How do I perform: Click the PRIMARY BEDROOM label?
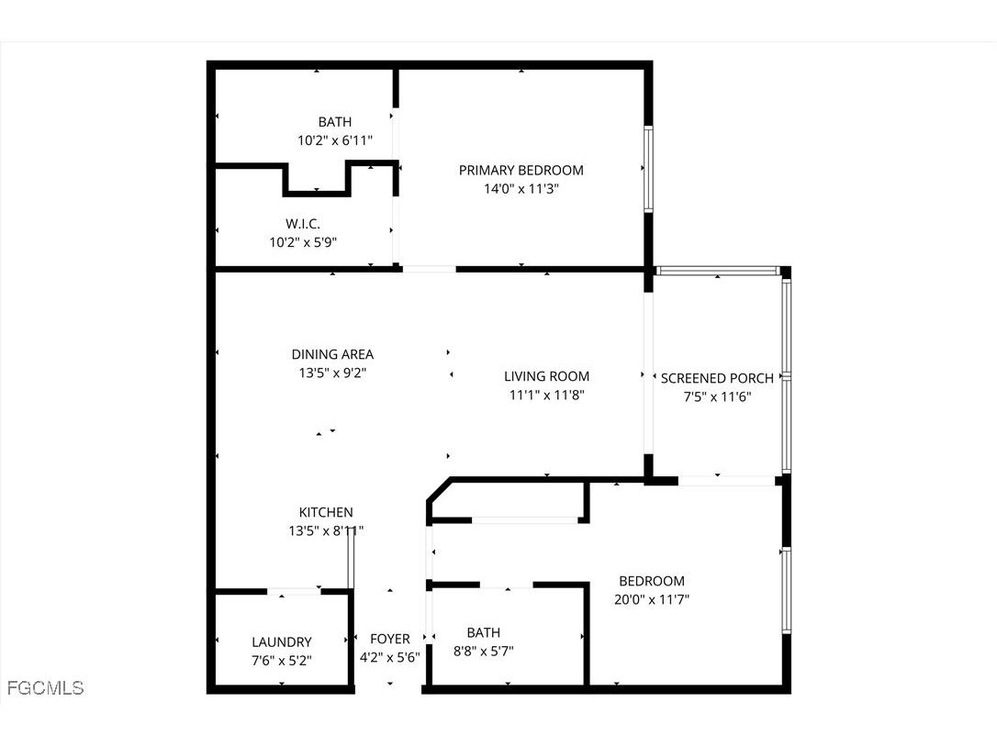[521, 170]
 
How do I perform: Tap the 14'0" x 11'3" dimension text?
[521, 189]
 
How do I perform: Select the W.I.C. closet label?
[302, 223]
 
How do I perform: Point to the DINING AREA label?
[332, 354]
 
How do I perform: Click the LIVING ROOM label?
[546, 376]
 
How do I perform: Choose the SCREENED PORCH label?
[717, 378]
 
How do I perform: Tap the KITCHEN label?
[326, 512]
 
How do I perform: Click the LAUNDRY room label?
[282, 642]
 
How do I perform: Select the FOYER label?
[390, 639]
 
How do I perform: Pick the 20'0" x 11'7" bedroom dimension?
[652, 599]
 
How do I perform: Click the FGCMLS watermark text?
[45, 687]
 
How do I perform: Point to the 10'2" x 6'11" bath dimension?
[334, 140]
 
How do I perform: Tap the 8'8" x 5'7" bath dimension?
[483, 652]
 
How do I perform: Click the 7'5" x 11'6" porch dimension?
[717, 396]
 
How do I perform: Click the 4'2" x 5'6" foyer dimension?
[390, 657]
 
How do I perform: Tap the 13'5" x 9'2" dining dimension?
[332, 373]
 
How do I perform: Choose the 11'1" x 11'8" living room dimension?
[546, 395]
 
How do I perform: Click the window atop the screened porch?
[717, 271]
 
